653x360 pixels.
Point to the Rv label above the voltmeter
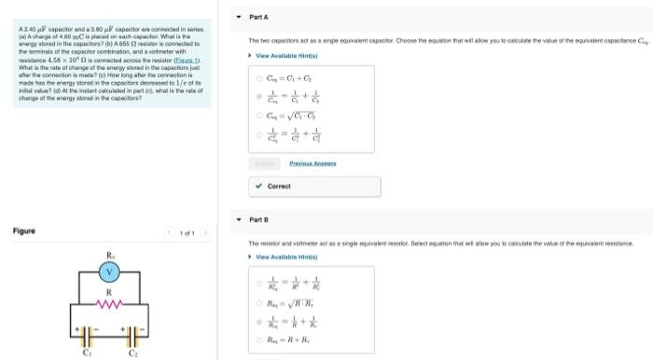click(x=110, y=254)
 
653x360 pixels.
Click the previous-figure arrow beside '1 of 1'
click(x=170, y=231)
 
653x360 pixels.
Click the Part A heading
click(x=260, y=17)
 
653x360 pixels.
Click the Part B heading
click(x=260, y=220)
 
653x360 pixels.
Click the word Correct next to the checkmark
click(x=279, y=186)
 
